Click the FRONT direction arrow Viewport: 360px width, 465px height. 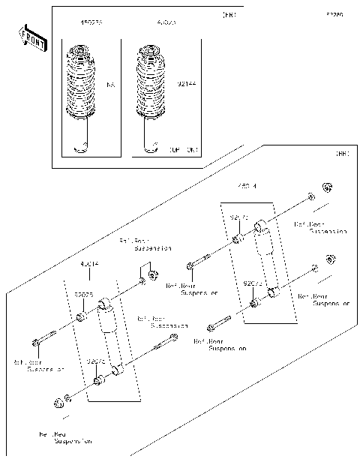point(31,39)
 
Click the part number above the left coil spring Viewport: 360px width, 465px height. point(91,23)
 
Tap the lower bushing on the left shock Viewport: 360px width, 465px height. point(98,382)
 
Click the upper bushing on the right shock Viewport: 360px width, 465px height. point(237,240)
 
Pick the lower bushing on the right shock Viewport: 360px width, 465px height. point(254,303)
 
